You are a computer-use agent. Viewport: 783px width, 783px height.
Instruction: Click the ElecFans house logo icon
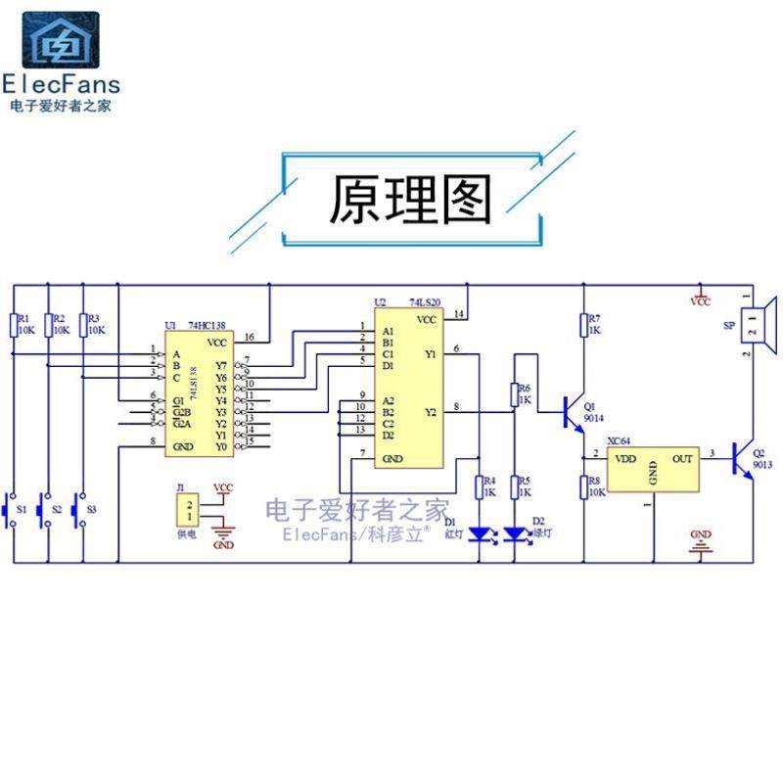(x=61, y=41)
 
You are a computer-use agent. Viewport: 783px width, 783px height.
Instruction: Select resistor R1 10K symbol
(x=13, y=324)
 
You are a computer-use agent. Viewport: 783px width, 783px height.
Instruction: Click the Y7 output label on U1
(x=220, y=365)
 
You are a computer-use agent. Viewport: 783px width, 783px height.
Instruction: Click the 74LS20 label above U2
(x=426, y=303)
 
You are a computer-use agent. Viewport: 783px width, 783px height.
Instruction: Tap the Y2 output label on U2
(x=431, y=413)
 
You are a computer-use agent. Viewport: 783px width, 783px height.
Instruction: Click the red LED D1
(x=479, y=533)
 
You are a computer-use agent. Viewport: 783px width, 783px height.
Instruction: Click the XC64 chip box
(x=654, y=471)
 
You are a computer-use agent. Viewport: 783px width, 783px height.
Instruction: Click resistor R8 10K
(x=584, y=486)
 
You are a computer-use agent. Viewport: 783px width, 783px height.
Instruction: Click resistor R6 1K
(x=514, y=394)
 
